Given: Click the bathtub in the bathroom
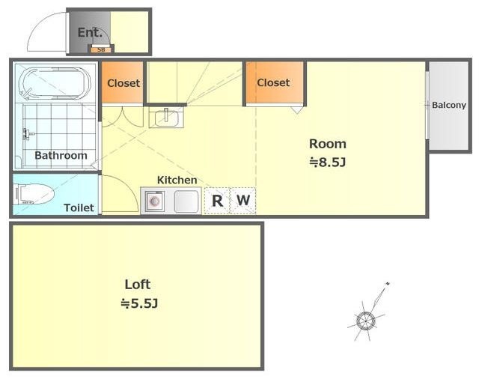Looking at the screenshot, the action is point(55,83).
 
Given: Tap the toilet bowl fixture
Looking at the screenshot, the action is point(34,194).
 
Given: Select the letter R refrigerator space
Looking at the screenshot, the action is point(217,201).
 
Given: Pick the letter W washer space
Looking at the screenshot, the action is point(243,200).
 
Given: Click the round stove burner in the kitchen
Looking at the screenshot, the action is point(155,201).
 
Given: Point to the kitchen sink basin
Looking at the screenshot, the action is point(186,201).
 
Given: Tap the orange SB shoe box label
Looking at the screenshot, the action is point(101,49).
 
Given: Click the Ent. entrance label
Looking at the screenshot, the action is point(90,32).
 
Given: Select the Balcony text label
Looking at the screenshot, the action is point(449,105).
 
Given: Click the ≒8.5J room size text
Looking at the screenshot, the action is point(328,162).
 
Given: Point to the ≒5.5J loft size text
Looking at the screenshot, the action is point(139,303).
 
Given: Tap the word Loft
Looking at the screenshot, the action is point(138,285).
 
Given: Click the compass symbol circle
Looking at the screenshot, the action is point(365,321).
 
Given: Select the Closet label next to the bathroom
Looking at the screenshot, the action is point(123,83).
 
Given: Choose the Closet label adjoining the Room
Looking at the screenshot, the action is point(273,82).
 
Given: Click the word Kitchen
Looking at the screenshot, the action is point(177,180).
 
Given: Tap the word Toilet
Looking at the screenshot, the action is point(79,207).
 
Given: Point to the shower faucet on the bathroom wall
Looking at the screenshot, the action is point(28,134).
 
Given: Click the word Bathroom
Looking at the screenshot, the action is point(61,155).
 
